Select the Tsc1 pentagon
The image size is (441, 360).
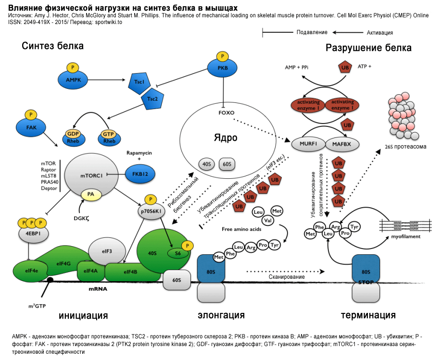(139, 82)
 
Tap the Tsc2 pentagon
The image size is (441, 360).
(152, 99)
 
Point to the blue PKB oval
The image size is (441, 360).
(223, 68)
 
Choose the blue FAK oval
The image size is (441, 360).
(30, 128)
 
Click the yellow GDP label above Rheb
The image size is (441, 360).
(73, 134)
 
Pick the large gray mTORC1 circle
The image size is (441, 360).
(91, 176)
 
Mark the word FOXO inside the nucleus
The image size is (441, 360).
(226, 113)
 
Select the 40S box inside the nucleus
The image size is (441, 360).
(207, 164)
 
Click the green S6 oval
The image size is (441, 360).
(178, 252)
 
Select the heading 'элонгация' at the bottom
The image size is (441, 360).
(221, 315)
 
